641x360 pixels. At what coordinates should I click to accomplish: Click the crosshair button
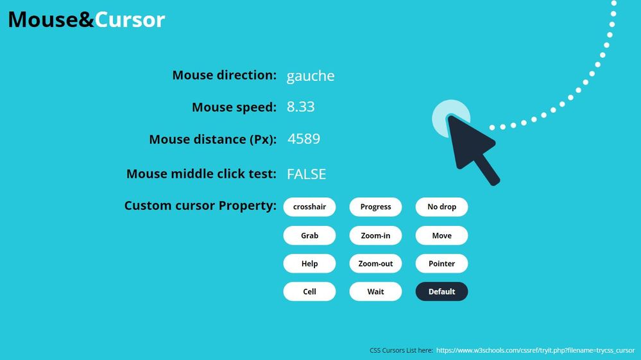point(309,207)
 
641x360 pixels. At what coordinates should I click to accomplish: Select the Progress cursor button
point(376,207)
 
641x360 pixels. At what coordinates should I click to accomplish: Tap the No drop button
point(442,207)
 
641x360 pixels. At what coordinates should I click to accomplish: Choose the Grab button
point(309,236)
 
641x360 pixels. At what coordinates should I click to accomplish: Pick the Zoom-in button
point(376,236)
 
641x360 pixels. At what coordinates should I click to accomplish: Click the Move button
point(442,236)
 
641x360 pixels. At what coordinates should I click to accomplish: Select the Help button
point(309,264)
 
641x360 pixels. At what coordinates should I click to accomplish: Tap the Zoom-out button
point(376,264)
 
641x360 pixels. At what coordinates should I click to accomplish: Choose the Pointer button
point(442,264)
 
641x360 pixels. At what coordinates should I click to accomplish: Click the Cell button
point(309,291)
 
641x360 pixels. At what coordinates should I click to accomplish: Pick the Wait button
point(376,291)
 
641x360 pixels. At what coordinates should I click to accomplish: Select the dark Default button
point(442,291)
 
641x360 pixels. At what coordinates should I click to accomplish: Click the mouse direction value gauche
point(311,76)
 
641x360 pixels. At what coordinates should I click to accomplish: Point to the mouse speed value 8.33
point(300,107)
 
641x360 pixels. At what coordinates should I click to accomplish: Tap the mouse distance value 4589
point(303,139)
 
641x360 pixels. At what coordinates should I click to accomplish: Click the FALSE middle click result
point(306,174)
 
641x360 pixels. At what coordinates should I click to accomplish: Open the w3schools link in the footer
point(536,350)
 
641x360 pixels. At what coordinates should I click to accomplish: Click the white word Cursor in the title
point(130,20)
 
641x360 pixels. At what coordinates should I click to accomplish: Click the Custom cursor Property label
point(200,205)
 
